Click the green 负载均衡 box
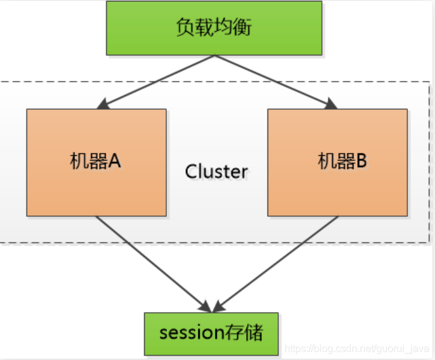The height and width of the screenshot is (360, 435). point(214,28)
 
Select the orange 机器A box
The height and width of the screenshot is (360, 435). point(97,162)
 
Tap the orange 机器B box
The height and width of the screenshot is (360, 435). point(338,162)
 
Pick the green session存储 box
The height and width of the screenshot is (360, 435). point(211,333)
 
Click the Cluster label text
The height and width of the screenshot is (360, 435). point(216,172)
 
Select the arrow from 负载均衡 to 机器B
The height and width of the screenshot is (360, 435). point(276,82)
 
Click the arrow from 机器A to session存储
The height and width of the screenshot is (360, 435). point(154,265)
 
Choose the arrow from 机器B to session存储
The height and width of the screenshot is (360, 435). point(275,265)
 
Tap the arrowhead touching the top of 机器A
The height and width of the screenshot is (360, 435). point(103,104)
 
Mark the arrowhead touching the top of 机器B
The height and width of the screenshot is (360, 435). point(331,104)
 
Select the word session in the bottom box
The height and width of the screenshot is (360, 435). point(192,333)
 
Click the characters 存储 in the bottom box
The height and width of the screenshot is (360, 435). point(243,332)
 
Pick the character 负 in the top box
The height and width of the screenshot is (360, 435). point(186,27)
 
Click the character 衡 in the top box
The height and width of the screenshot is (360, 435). point(242,27)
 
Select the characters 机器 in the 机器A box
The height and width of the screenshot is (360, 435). point(89,161)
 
